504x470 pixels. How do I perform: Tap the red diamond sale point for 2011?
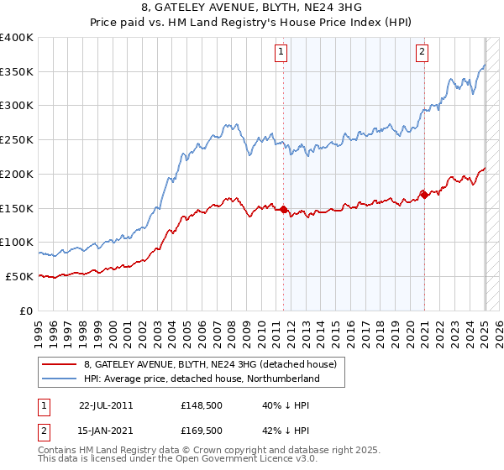point(283,210)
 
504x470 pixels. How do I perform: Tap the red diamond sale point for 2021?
point(424,196)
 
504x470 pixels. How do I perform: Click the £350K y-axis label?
point(17,71)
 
